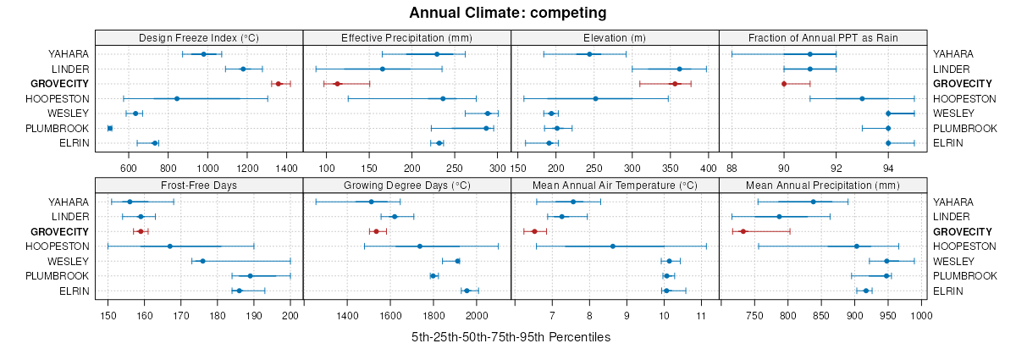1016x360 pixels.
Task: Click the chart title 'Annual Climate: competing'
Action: click(508, 13)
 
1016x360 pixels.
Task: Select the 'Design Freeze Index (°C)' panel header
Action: click(199, 37)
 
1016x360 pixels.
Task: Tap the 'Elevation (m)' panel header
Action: click(615, 37)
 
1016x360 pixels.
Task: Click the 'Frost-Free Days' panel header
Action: click(199, 186)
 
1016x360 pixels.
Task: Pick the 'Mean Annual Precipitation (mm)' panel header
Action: click(822, 186)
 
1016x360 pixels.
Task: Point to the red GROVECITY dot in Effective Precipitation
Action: click(337, 84)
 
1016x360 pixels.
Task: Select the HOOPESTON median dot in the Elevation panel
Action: click(595, 98)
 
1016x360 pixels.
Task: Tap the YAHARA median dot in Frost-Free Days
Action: click(130, 202)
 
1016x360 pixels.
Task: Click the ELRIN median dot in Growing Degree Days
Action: click(467, 291)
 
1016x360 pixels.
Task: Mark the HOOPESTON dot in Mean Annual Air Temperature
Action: click(613, 246)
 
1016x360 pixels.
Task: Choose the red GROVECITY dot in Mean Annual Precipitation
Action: click(743, 231)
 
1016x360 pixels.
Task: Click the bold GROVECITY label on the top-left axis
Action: click(59, 84)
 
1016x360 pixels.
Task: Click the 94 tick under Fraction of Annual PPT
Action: click(888, 168)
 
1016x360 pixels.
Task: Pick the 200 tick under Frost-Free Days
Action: click(290, 316)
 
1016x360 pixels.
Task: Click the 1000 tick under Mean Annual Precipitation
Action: click(920, 316)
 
